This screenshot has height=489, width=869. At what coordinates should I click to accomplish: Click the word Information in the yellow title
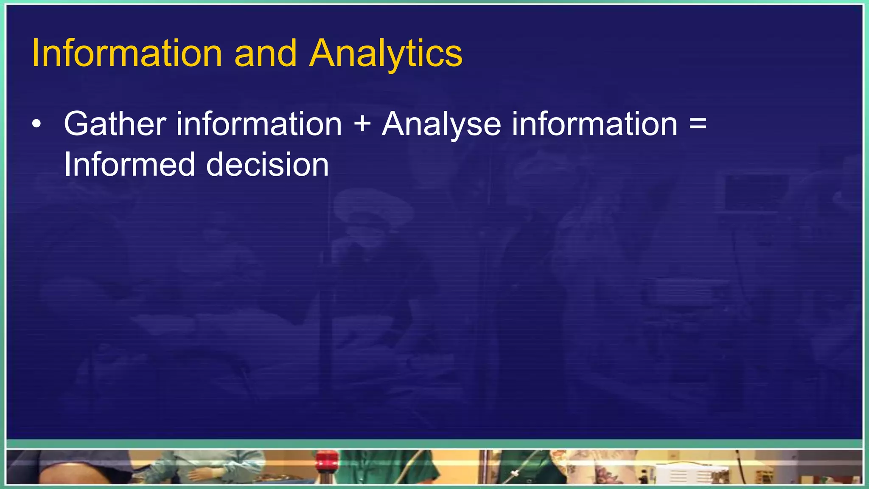pos(126,53)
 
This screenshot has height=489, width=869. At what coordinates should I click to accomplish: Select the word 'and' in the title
pos(265,53)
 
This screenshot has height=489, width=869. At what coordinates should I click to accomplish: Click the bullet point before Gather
pos(37,124)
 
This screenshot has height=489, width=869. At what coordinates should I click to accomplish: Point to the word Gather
pos(115,124)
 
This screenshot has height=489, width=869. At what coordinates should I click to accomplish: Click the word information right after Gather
pos(259,124)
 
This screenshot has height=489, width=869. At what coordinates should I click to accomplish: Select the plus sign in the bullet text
pos(362,124)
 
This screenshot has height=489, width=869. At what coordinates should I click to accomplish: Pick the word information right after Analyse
pos(594,124)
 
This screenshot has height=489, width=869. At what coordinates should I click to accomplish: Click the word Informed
pos(129,165)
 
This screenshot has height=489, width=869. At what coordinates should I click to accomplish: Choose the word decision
pos(267,165)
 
